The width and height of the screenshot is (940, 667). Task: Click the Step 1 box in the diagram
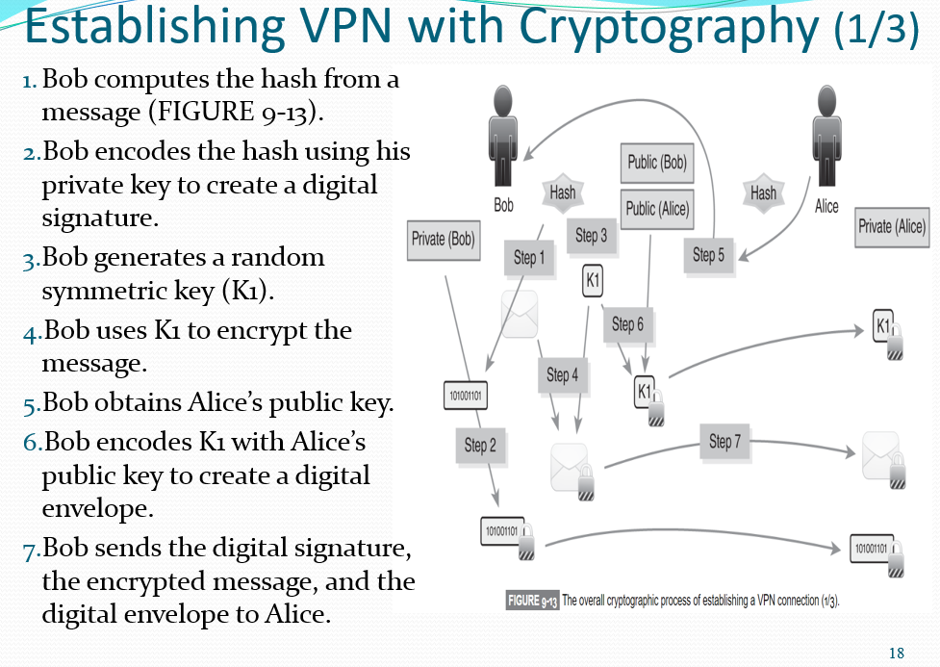point(528,258)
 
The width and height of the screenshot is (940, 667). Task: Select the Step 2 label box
point(479,445)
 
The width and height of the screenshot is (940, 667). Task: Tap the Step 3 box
point(591,235)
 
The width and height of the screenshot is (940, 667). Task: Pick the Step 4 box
point(562,375)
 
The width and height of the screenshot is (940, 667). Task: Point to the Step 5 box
point(708,255)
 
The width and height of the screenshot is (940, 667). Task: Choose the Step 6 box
point(627,324)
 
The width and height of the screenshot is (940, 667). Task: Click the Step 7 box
point(724,442)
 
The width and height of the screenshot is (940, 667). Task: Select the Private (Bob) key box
point(443,239)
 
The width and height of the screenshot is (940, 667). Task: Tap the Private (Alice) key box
point(891,226)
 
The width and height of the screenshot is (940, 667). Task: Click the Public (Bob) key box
point(657,163)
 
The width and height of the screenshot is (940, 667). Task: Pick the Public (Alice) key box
point(657,208)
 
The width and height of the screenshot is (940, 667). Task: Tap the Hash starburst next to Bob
point(562,192)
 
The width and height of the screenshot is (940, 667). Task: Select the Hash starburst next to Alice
point(763,192)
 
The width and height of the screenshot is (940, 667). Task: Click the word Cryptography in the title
point(669,29)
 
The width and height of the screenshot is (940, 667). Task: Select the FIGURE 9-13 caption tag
point(533,601)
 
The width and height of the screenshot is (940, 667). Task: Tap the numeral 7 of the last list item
point(30,550)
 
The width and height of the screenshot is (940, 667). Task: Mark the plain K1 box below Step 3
point(593,282)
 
